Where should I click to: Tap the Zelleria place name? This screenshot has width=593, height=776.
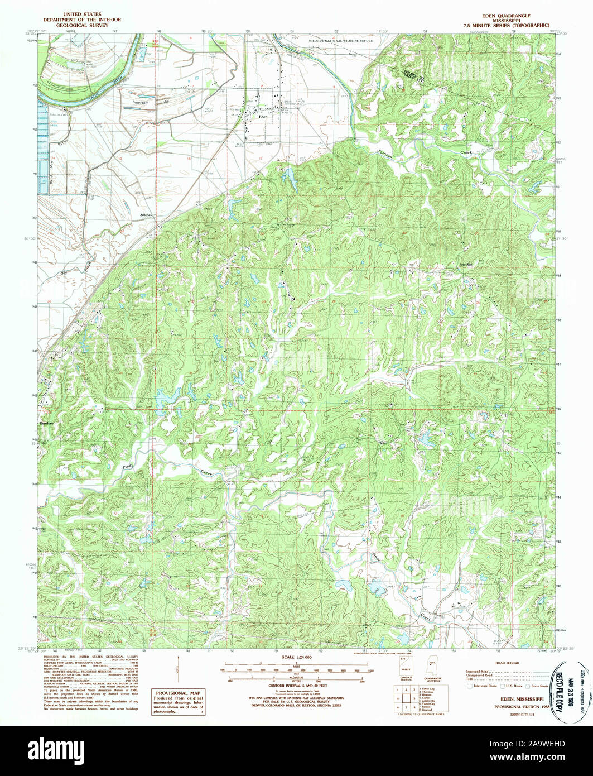(x=146, y=214)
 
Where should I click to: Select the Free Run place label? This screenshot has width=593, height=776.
(x=465, y=265)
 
